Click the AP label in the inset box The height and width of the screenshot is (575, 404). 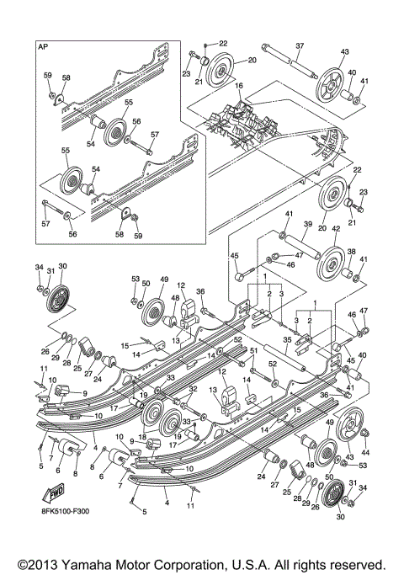pyautogui.click(x=43, y=49)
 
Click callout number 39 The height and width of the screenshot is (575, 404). pyautogui.click(x=307, y=225)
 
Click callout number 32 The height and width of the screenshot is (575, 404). pyautogui.click(x=192, y=389)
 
